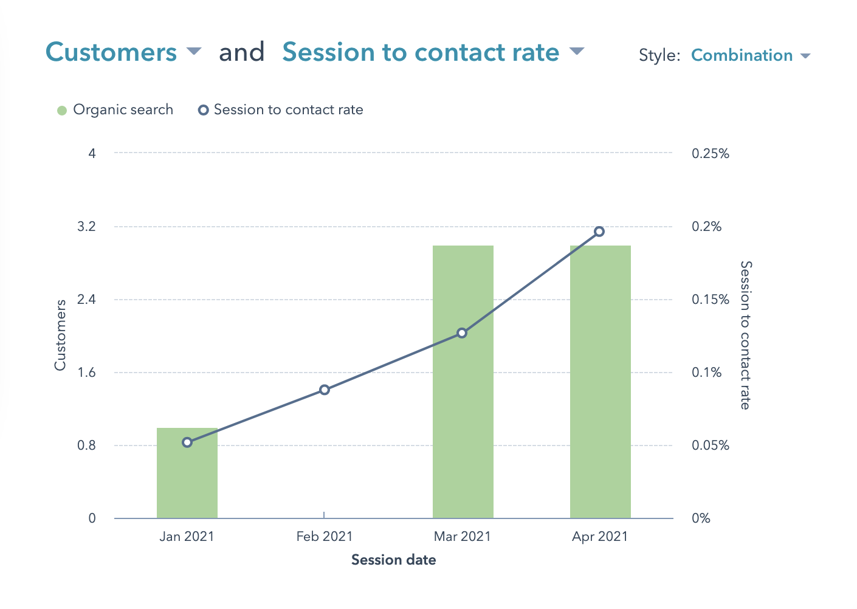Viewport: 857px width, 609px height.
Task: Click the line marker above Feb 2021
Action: pyautogui.click(x=325, y=390)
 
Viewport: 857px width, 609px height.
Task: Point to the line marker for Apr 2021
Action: pyautogui.click(x=599, y=232)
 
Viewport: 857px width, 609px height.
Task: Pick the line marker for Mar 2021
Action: pyautogui.click(x=462, y=333)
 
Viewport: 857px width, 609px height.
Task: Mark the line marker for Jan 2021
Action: pyautogui.click(x=187, y=442)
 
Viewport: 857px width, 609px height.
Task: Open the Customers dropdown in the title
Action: pyautogui.click(x=123, y=52)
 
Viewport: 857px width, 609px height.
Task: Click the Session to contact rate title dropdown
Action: pyautogui.click(x=433, y=52)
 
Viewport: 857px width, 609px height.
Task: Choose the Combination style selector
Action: pyautogui.click(x=751, y=55)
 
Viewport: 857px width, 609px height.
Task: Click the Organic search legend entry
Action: pyautogui.click(x=115, y=110)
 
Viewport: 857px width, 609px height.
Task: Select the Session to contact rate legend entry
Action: pyautogui.click(x=281, y=110)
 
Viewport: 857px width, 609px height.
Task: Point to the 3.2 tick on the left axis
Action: pyautogui.click(x=88, y=227)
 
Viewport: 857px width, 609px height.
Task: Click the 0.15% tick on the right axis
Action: pyautogui.click(x=710, y=300)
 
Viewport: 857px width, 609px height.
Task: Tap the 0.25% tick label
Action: pyautogui.click(x=710, y=154)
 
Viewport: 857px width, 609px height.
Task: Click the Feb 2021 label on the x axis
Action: pyautogui.click(x=325, y=537)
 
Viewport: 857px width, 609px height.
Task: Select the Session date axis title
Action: pyautogui.click(x=393, y=560)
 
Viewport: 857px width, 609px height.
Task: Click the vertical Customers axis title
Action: pyautogui.click(x=60, y=335)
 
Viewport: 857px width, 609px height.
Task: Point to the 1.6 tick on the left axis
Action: pyautogui.click(x=88, y=373)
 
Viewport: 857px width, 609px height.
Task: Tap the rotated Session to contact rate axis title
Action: pyautogui.click(x=746, y=335)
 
